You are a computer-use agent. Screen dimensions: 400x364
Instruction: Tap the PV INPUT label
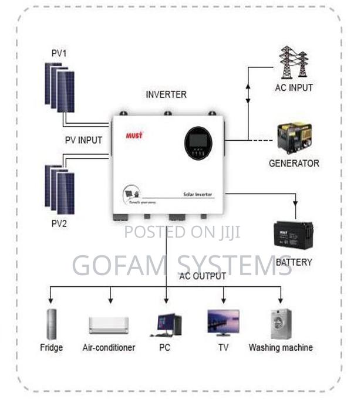pyautogui.click(x=83, y=140)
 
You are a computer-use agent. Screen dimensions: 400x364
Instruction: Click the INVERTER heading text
pyautogui.click(x=166, y=94)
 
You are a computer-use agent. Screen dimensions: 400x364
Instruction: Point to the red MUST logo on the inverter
pyautogui.click(x=134, y=135)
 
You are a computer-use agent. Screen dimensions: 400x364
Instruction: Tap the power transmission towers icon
pyautogui.click(x=294, y=62)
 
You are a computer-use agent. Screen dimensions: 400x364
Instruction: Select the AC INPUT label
pyautogui.click(x=294, y=88)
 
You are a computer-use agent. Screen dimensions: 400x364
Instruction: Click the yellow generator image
pyautogui.click(x=294, y=138)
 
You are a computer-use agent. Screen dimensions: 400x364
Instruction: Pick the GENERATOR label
pyautogui.click(x=294, y=163)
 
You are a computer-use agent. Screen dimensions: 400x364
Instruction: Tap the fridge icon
pyautogui.click(x=52, y=324)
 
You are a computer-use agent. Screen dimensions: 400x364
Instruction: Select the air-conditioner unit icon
pyautogui.click(x=108, y=325)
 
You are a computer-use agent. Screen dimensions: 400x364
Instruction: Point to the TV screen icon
pyautogui.click(x=223, y=323)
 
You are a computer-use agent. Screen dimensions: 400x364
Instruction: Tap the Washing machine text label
pyautogui.click(x=281, y=347)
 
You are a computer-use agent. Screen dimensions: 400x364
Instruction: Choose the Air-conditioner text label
pyautogui.click(x=109, y=347)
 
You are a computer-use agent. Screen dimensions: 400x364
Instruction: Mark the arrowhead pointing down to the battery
pyautogui.click(x=295, y=215)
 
